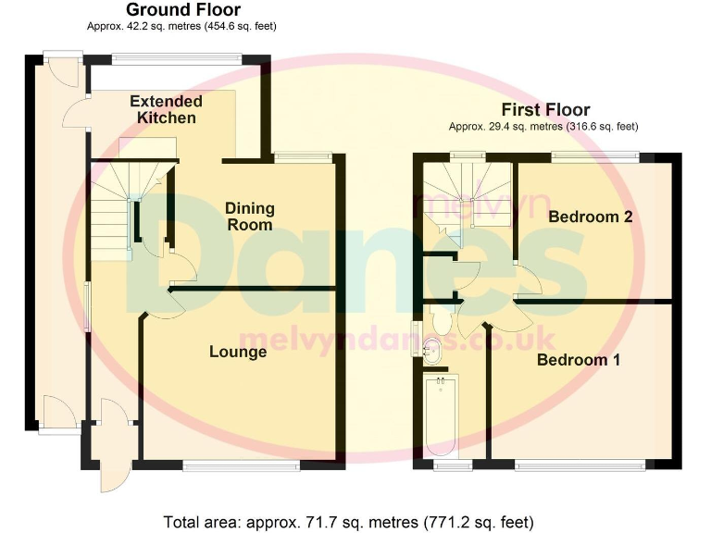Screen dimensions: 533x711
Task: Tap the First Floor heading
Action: pyautogui.click(x=545, y=110)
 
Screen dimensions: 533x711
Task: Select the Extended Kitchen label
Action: pyautogui.click(x=166, y=109)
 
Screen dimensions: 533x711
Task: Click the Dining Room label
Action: pyautogui.click(x=250, y=217)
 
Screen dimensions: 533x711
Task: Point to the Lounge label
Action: pyautogui.click(x=238, y=352)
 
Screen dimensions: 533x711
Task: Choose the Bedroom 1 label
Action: pyautogui.click(x=579, y=360)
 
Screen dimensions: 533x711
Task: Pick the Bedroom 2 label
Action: pyautogui.click(x=590, y=217)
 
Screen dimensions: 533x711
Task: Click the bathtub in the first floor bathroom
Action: pyautogui.click(x=442, y=416)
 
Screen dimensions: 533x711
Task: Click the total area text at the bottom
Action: pyautogui.click(x=349, y=520)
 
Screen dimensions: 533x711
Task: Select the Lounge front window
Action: pyautogui.click(x=241, y=465)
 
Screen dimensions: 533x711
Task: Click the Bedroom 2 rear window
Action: pyautogui.click(x=595, y=155)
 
